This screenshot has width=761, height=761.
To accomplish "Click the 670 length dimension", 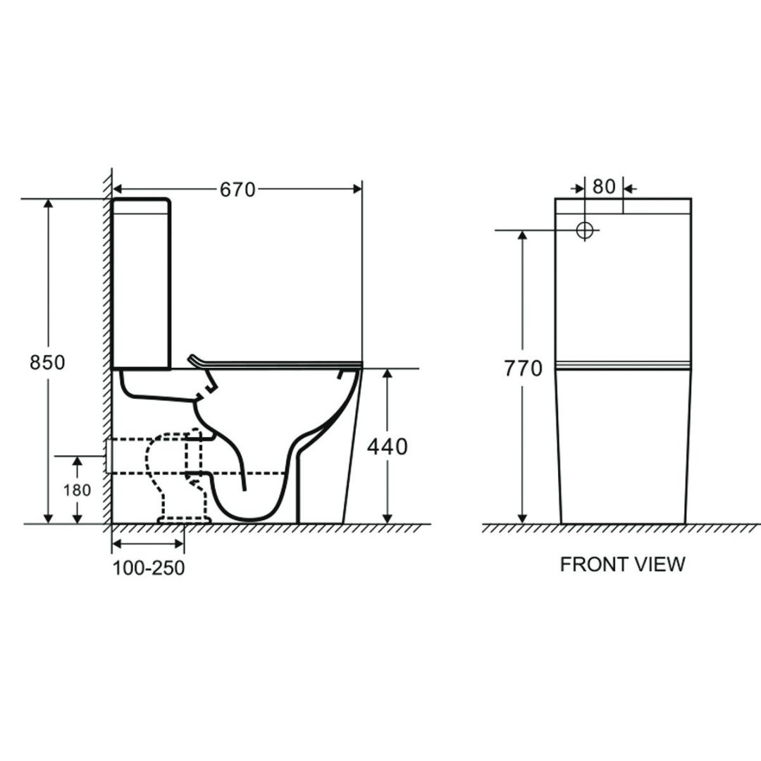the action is point(237,190).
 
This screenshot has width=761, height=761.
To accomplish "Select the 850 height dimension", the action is point(47,363).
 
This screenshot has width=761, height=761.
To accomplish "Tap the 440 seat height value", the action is point(388,447).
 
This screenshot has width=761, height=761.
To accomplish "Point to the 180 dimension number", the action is point(78,490).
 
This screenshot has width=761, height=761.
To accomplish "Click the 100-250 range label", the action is point(149,568).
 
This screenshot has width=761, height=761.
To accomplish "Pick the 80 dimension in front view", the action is point(604,186).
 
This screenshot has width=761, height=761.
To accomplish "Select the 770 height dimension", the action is point(523,369).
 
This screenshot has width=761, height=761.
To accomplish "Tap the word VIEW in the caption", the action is point(660,564).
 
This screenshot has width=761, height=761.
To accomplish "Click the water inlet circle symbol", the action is point(585,230).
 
